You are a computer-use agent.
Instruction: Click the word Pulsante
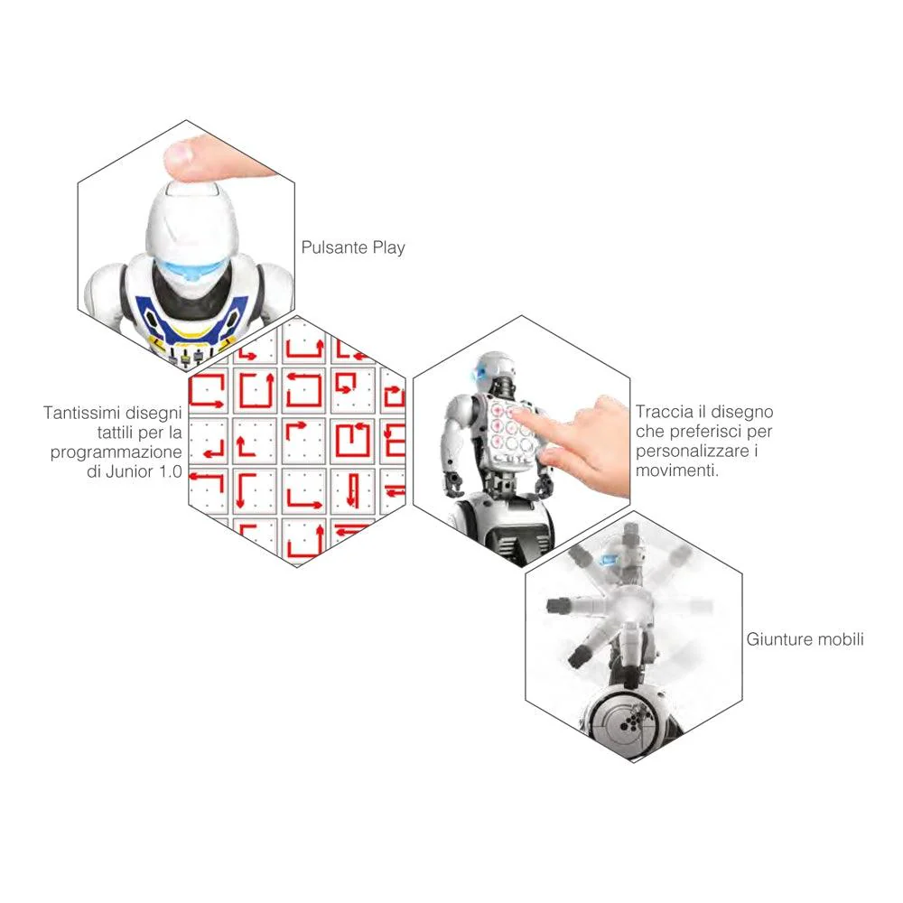click(x=334, y=247)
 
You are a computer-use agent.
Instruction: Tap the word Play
click(x=388, y=248)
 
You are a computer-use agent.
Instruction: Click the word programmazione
click(x=116, y=452)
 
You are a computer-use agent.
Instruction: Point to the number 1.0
click(x=170, y=471)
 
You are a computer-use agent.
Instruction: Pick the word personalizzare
click(x=693, y=451)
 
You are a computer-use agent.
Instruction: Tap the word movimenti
click(x=676, y=470)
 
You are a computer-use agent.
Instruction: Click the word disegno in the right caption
click(x=742, y=412)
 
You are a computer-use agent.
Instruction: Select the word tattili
click(x=116, y=432)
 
